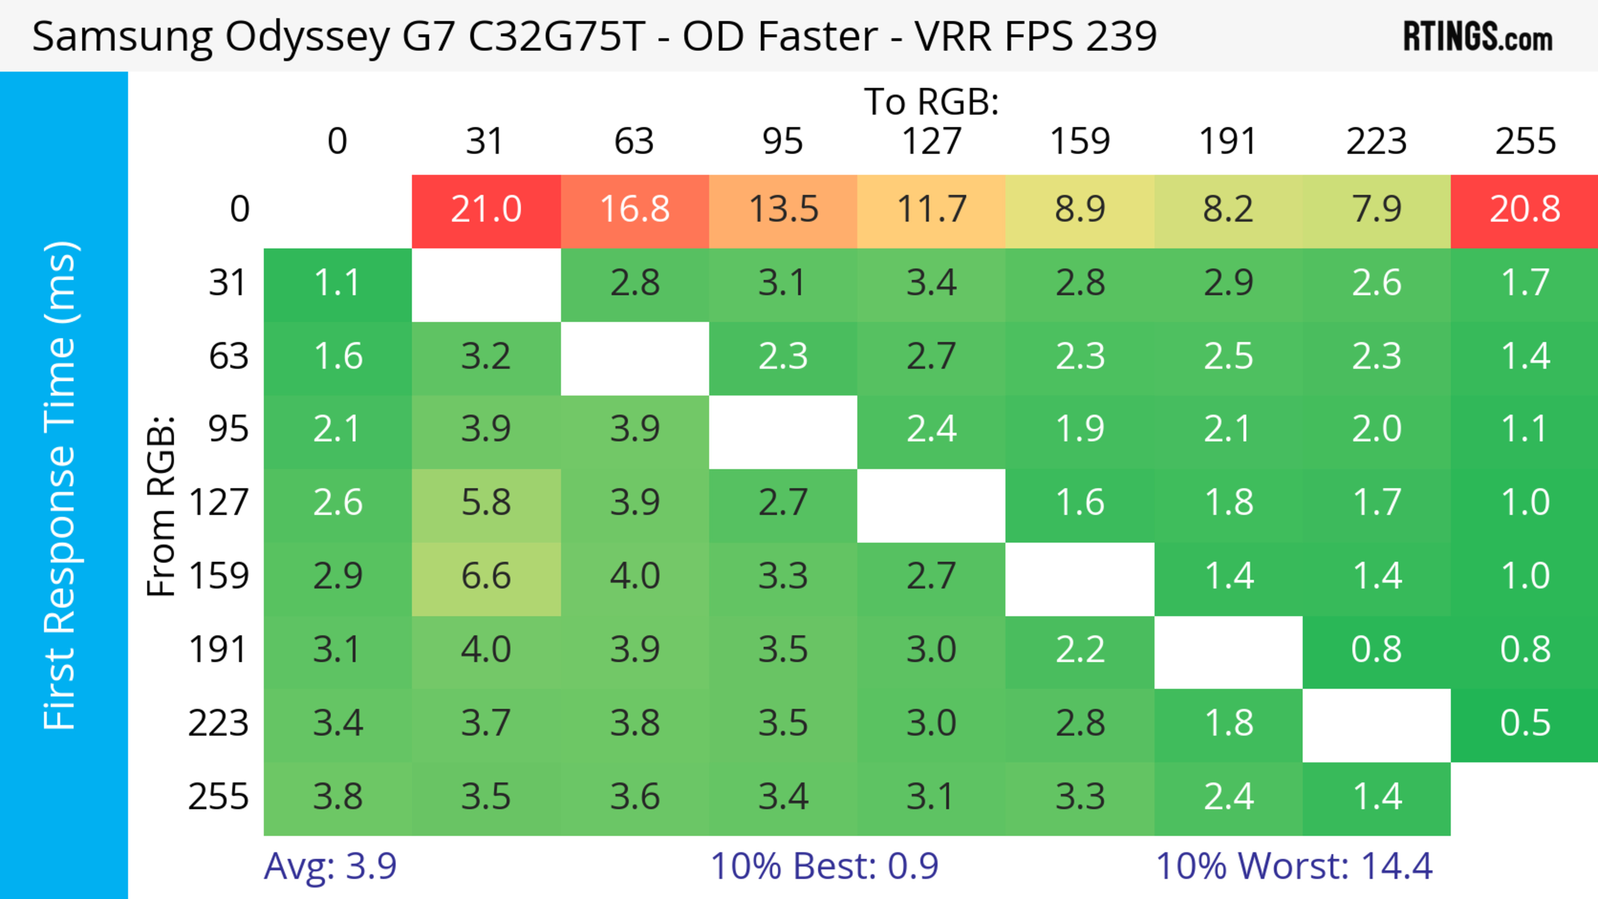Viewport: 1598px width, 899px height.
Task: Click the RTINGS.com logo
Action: click(1478, 37)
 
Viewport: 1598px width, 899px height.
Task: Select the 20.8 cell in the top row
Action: click(1525, 210)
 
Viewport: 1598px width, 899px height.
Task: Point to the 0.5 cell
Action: click(1525, 723)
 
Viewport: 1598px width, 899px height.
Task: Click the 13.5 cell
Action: click(783, 210)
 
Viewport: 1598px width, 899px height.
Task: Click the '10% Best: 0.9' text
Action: click(824, 866)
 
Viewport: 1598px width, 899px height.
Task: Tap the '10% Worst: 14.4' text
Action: click(1294, 866)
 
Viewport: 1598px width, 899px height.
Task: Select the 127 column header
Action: click(931, 142)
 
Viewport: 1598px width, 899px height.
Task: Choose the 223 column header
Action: click(1377, 142)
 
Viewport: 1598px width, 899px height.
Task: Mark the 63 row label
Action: click(228, 357)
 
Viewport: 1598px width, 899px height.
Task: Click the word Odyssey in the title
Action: click(307, 37)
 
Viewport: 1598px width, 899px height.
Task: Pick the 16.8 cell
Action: click(635, 210)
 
